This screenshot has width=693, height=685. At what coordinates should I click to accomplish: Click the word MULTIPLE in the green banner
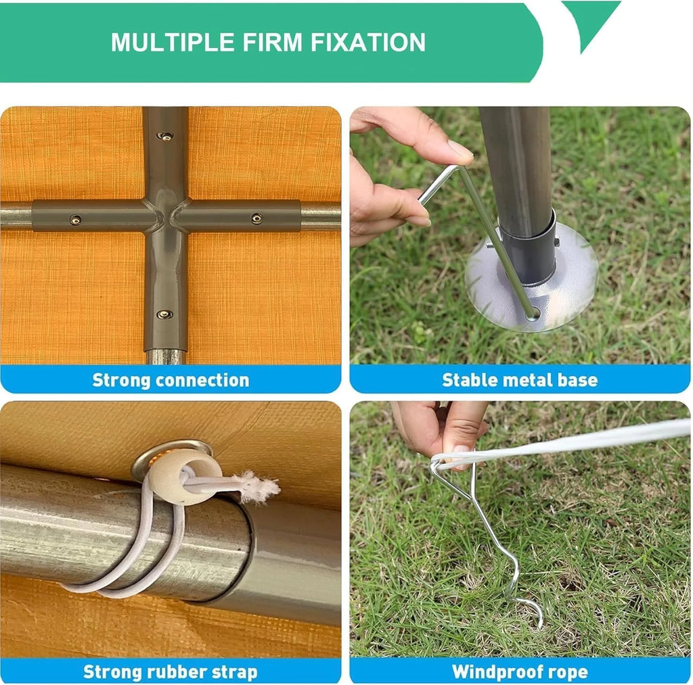click(x=173, y=43)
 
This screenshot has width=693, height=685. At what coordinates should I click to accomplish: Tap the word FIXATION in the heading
click(x=367, y=43)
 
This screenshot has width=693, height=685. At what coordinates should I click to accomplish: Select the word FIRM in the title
click(x=272, y=43)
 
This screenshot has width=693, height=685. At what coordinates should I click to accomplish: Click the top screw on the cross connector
click(x=165, y=137)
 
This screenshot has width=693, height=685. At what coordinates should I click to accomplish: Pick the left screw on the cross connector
click(x=76, y=220)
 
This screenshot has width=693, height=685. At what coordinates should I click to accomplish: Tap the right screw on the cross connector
click(x=256, y=218)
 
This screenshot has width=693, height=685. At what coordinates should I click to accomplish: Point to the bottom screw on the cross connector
click(x=164, y=314)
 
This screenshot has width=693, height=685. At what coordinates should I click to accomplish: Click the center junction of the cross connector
click(x=166, y=216)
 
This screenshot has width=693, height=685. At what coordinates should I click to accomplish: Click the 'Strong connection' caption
click(x=171, y=380)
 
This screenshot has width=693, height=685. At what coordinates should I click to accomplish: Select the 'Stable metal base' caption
click(x=520, y=380)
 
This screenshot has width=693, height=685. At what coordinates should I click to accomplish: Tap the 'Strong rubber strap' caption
click(x=170, y=672)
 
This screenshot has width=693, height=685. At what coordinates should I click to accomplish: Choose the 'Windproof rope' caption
click(x=520, y=672)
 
